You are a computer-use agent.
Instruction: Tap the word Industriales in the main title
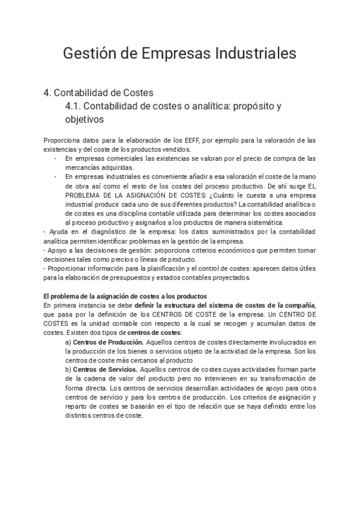256,53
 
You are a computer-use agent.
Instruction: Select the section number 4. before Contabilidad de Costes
47,93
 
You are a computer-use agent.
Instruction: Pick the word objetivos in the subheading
85,119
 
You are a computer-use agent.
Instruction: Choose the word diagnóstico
97,232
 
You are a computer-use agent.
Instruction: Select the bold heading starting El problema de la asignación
125,296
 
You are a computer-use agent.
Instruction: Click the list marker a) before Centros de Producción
68,342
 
